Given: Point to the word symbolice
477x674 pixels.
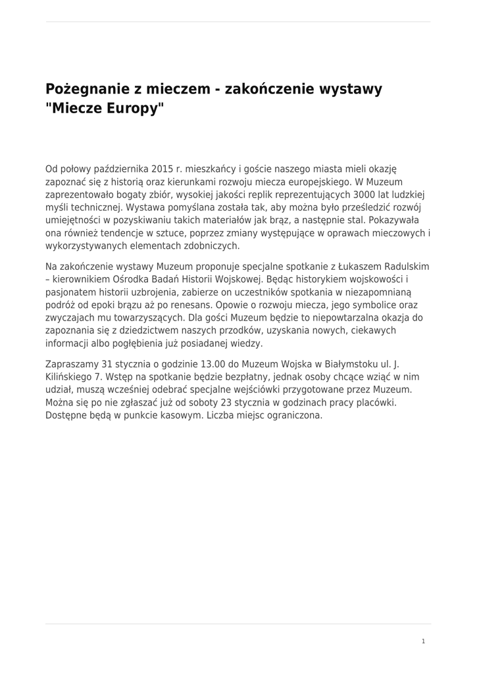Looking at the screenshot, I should [374, 305].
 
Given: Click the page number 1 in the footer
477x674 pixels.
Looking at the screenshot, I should [423, 642].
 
